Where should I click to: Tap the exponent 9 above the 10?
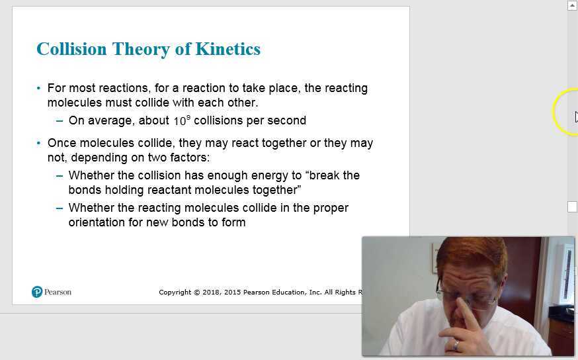(188, 116)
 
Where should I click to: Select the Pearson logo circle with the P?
(37, 292)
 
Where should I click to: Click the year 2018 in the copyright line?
(213, 292)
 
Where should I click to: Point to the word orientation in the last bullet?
(97, 222)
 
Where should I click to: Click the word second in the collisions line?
(286, 120)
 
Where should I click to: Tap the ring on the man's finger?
(456, 344)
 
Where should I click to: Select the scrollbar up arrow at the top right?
(572, 5)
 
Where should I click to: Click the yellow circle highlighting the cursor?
(565, 113)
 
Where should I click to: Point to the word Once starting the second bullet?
(62, 143)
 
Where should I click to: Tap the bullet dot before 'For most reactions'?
(39, 88)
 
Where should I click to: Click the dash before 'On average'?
(60, 120)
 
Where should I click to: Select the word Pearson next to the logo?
(58, 292)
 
